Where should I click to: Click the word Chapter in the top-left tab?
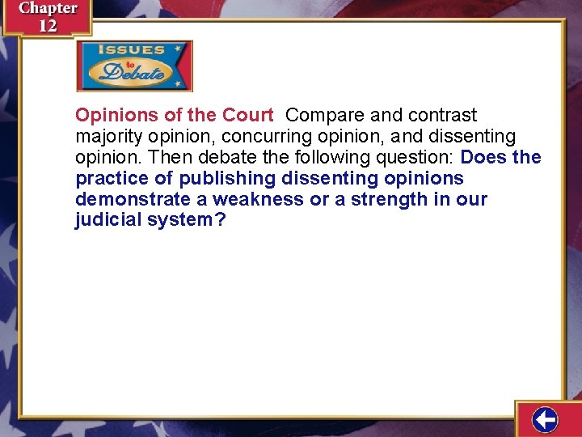[x=48, y=9]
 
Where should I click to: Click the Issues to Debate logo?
[x=134, y=66]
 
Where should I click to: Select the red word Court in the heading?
[x=247, y=115]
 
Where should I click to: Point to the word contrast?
[x=443, y=115]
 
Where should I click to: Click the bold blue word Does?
[x=483, y=157]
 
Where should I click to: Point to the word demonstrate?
[x=133, y=199]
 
